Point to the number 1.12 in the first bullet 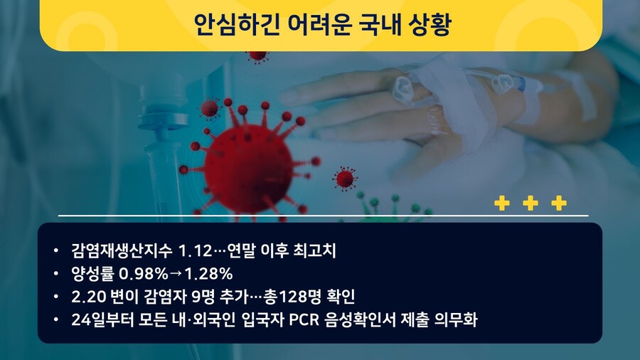pyautogui.click(x=196, y=250)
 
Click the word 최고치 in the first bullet pyautogui.click(x=315, y=250)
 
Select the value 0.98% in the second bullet pyautogui.click(x=143, y=273)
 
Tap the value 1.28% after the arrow pyautogui.click(x=208, y=273)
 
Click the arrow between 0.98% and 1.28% pyautogui.click(x=176, y=273)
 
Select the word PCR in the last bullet pyautogui.click(x=304, y=319)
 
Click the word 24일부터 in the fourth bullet pyautogui.click(x=102, y=319)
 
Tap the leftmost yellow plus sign pyautogui.click(x=502, y=203)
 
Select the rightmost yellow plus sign pyautogui.click(x=559, y=203)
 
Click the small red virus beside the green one pyautogui.click(x=345, y=179)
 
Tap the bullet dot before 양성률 pyautogui.click(x=56, y=273)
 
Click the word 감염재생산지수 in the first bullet pyautogui.click(x=122, y=250)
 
